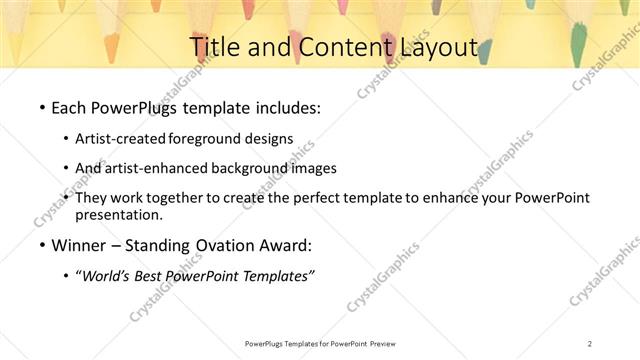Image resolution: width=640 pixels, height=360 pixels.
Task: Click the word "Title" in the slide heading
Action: (212, 47)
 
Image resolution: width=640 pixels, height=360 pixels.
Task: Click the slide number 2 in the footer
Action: (590, 343)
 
